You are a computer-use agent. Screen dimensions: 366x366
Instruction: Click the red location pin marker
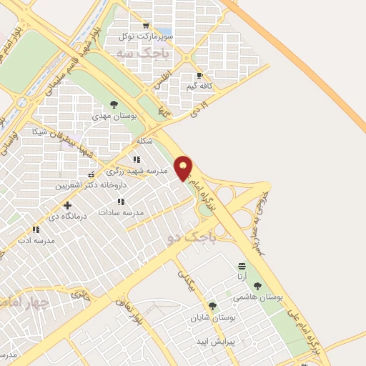[x=184, y=169]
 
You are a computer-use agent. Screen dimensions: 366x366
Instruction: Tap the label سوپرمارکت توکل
[x=147, y=36]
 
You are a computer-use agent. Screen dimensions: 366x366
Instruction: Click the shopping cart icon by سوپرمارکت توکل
[x=147, y=26]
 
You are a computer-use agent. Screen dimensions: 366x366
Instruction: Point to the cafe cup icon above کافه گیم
[x=199, y=75]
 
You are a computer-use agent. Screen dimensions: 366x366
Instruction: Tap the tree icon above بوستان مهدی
[x=114, y=104]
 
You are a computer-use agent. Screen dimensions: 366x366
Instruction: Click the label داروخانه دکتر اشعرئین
[x=91, y=184]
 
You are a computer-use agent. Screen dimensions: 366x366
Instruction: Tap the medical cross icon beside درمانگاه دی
[x=67, y=206]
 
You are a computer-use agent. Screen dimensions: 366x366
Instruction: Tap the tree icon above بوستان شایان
[x=212, y=306]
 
